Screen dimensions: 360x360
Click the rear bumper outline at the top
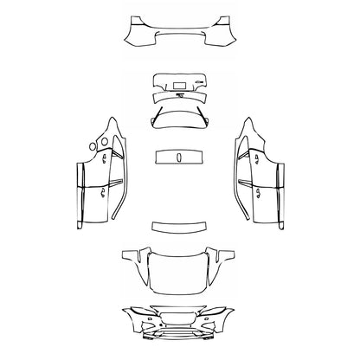pos(179,33)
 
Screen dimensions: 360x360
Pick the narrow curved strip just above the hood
pos(179,227)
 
